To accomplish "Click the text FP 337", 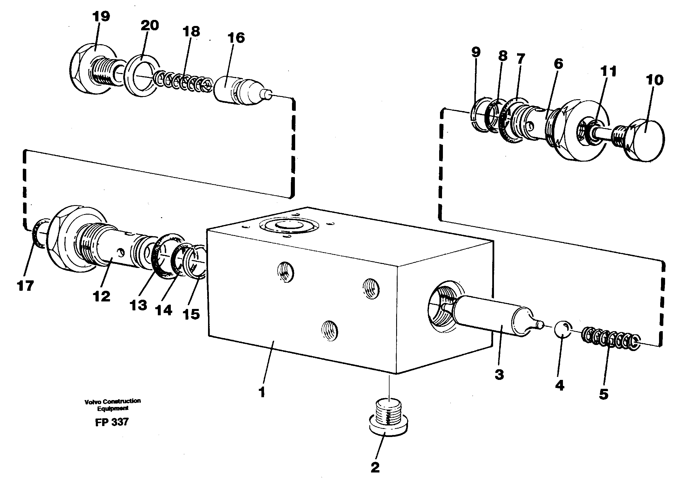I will pos(112,422).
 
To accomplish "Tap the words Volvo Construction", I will pos(113,401).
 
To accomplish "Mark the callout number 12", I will pos(102,297).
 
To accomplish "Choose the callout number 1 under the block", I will pos(262,392).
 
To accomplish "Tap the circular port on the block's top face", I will pos(289,226).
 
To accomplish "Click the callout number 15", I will pos(191,314).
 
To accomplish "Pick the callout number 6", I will pos(558,64).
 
